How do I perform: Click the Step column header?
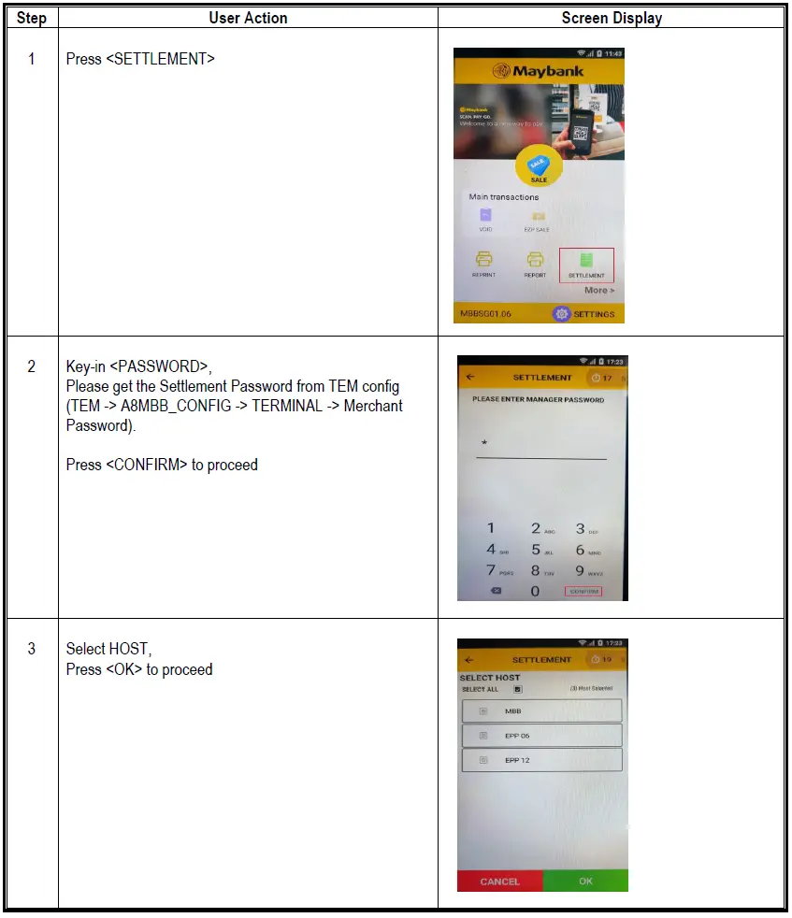31,18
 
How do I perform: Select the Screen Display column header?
612,18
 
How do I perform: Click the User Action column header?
247,18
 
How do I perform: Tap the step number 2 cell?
31,366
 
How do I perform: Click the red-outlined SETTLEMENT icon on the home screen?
586,264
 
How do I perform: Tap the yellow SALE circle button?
539,171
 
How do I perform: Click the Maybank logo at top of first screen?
539,71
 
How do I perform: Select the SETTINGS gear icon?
561,314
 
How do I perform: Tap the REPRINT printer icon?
484,260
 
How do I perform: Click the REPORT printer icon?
535,260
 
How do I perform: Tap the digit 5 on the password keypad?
536,550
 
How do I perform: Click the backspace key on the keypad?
495,591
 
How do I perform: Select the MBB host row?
541,710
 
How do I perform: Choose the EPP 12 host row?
541,760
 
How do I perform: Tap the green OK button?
585,881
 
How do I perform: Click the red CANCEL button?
499,881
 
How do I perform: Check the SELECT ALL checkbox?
517,689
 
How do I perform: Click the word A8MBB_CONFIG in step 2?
176,407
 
